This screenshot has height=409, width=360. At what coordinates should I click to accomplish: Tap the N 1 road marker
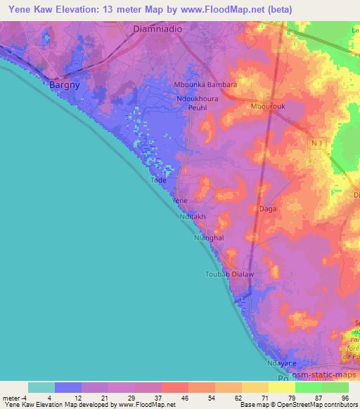tap(316, 143)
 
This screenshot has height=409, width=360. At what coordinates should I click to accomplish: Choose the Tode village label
tap(158, 180)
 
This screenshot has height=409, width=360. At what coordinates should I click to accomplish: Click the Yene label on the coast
tap(180, 200)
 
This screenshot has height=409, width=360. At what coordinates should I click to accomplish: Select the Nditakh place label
tap(193, 217)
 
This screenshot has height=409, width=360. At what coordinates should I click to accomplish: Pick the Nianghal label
tap(208, 238)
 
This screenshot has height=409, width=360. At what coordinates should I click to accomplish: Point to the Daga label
tap(267, 209)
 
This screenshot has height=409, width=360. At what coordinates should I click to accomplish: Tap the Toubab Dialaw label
tap(229, 274)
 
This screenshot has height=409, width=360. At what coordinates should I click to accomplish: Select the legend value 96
tap(344, 398)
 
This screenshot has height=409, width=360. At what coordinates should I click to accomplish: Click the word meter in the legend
tap(11, 398)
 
